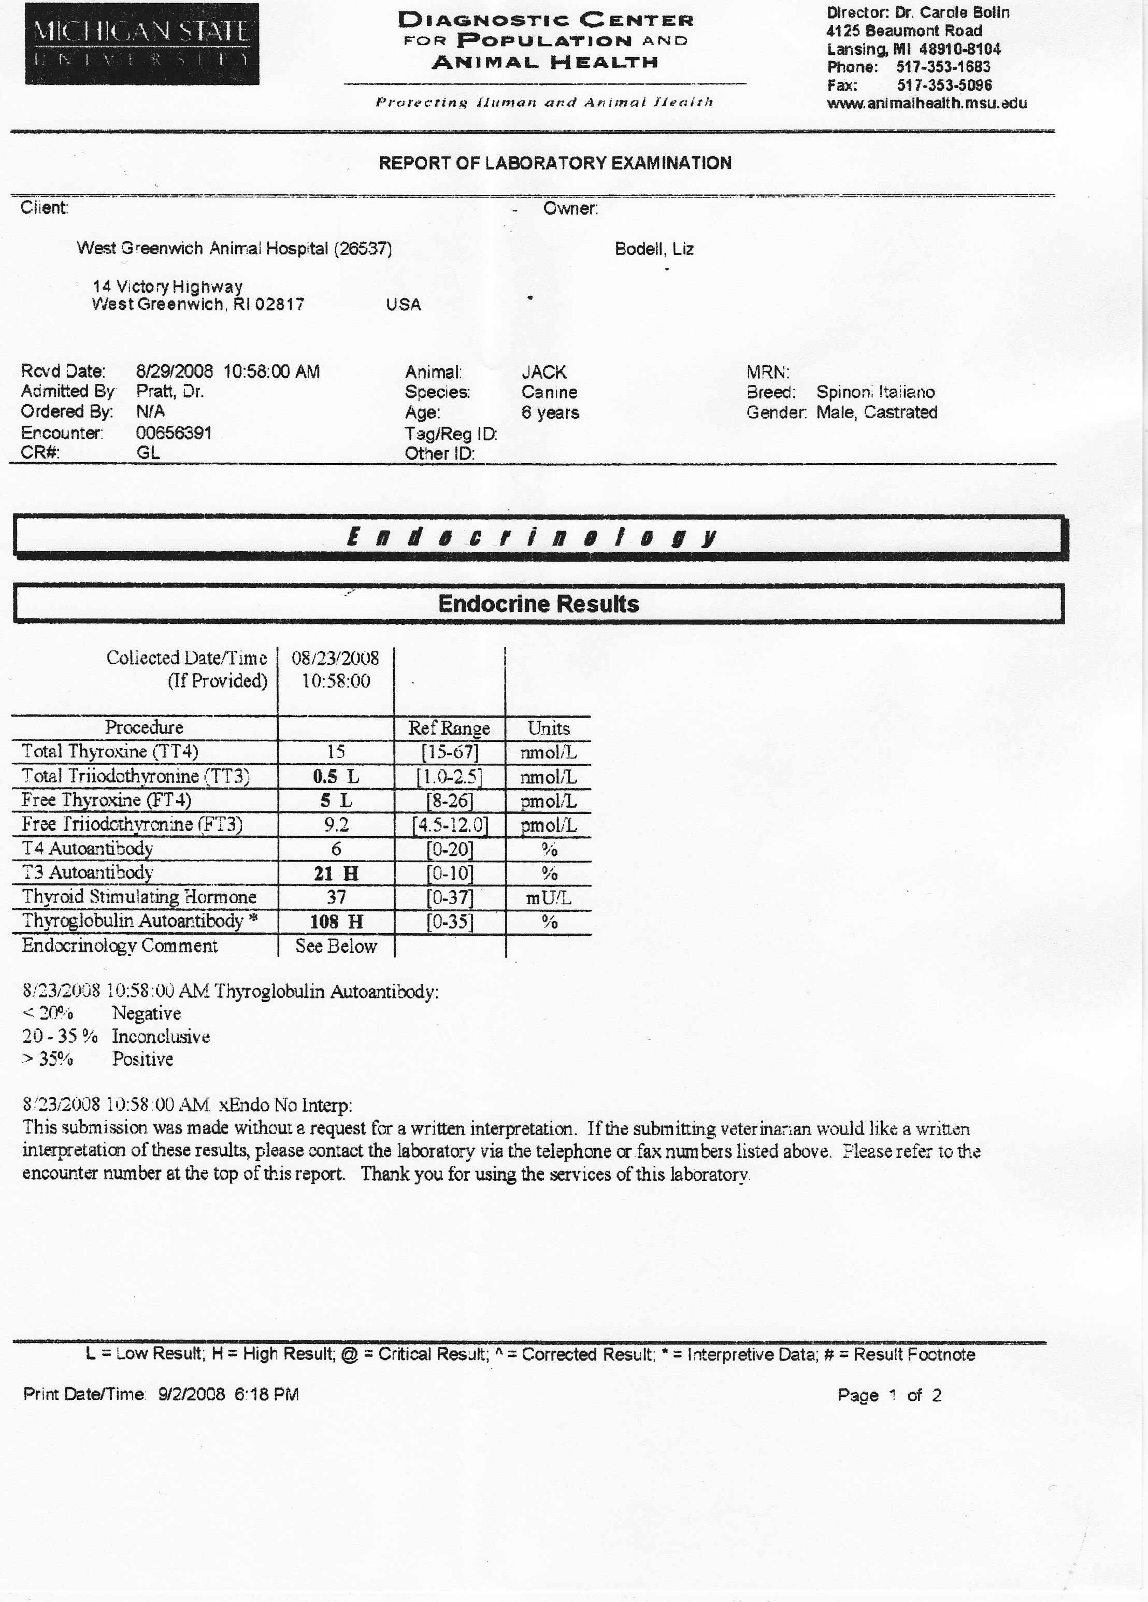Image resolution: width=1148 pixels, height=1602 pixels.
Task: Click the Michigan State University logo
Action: (142, 44)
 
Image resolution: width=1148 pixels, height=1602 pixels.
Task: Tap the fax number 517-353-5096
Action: (944, 85)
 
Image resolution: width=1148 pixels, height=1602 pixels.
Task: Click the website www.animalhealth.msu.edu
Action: (926, 104)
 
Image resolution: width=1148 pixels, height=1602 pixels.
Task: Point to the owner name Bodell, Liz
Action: (653, 249)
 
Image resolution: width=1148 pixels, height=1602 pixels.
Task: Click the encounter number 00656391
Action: (174, 433)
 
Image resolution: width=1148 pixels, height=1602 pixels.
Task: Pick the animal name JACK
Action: (544, 372)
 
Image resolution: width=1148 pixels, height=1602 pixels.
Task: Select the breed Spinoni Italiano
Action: (876, 392)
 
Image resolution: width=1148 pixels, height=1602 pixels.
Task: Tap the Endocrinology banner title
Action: (533, 537)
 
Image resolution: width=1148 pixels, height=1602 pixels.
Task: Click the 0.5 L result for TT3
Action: (336, 777)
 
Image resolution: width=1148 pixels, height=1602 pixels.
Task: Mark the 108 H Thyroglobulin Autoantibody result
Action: (336, 922)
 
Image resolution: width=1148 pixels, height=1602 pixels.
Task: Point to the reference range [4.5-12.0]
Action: (450, 825)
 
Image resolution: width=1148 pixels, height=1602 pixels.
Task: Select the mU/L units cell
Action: (548, 898)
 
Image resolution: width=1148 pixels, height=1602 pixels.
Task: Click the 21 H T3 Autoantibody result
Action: (336, 874)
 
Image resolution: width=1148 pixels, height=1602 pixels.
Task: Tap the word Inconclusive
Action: (161, 1037)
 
